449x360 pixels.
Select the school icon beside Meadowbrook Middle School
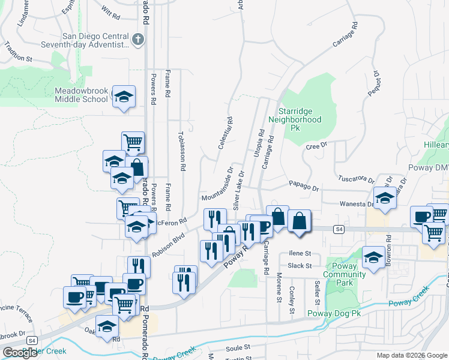pyautogui.click(x=123, y=97)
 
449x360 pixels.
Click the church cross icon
pyautogui.click(x=138, y=40)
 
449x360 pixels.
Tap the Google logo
pyautogui.click(x=20, y=353)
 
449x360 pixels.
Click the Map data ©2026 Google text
pyautogui.click(x=412, y=355)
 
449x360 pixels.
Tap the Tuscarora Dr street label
pyautogui.click(x=356, y=179)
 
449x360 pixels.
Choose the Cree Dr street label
pyautogui.click(x=316, y=146)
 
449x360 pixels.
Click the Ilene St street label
pyautogui.click(x=300, y=254)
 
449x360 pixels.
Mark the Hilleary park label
pyautogui.click(x=436, y=146)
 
